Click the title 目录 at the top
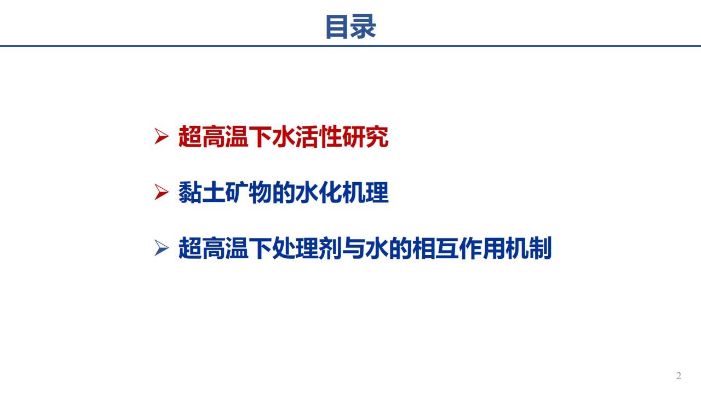[350, 26]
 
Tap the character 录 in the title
[363, 26]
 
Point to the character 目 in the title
[338, 26]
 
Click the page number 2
[679, 375]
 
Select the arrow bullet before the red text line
[162, 136]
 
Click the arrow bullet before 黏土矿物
[162, 192]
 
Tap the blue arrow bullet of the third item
[162, 248]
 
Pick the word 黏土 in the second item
[202, 192]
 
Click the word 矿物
[249, 192]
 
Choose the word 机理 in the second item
[365, 192]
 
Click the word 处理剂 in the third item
[307, 248]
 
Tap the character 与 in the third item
[354, 248]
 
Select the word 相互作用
[458, 248]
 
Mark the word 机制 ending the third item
[528, 248]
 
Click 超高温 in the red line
[213, 137]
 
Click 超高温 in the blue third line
[213, 248]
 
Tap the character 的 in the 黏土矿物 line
[284, 192]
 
